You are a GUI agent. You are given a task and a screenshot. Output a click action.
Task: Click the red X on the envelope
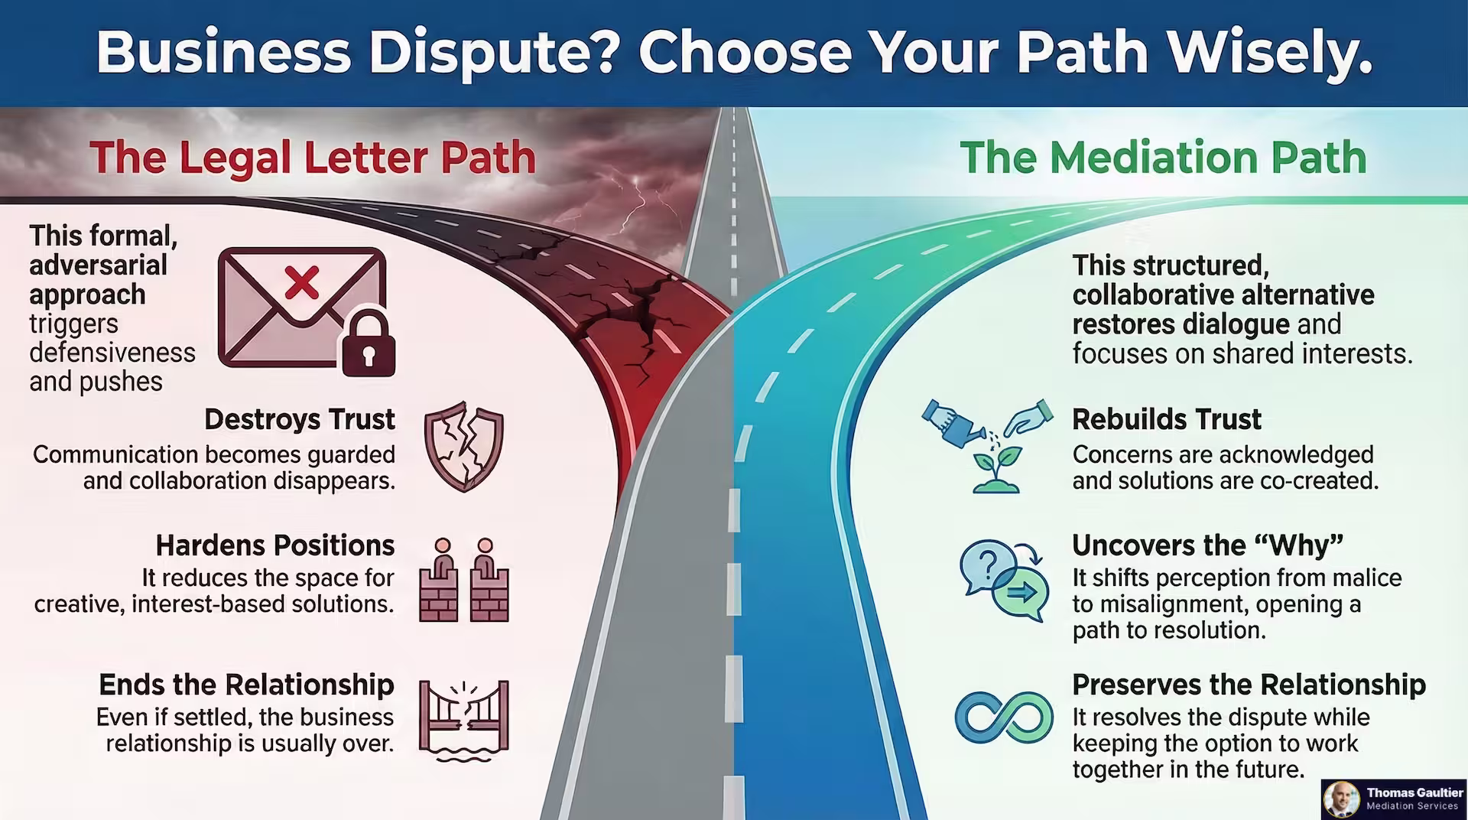(x=302, y=282)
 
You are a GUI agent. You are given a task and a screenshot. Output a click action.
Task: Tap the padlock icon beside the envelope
(x=369, y=343)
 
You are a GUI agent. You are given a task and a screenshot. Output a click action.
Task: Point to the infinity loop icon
(x=1004, y=717)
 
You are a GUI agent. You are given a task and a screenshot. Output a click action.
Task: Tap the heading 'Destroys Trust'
(x=299, y=419)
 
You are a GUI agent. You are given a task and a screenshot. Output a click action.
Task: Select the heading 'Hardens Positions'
(x=274, y=545)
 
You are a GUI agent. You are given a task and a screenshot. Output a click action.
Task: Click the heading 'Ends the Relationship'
(x=246, y=685)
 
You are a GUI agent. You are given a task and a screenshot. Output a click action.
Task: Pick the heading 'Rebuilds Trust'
(x=1166, y=419)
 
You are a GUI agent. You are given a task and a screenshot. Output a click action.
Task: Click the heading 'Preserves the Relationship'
(x=1249, y=685)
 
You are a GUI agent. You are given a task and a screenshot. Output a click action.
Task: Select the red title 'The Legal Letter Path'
(x=312, y=158)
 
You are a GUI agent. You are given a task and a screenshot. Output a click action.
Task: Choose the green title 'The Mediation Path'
(x=1162, y=158)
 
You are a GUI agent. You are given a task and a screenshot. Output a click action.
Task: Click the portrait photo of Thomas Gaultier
(x=1343, y=799)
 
